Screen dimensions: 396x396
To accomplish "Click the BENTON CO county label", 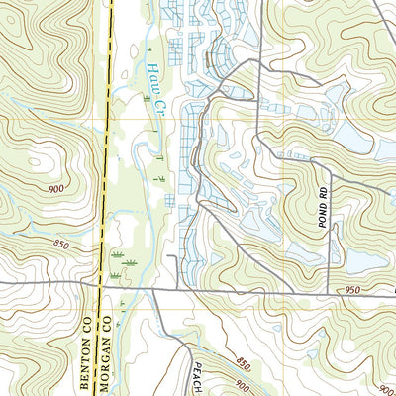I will coord(86,327).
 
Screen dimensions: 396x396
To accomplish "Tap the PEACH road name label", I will coord(197,376).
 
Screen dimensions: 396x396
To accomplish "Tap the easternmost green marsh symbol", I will coord(161,175).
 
